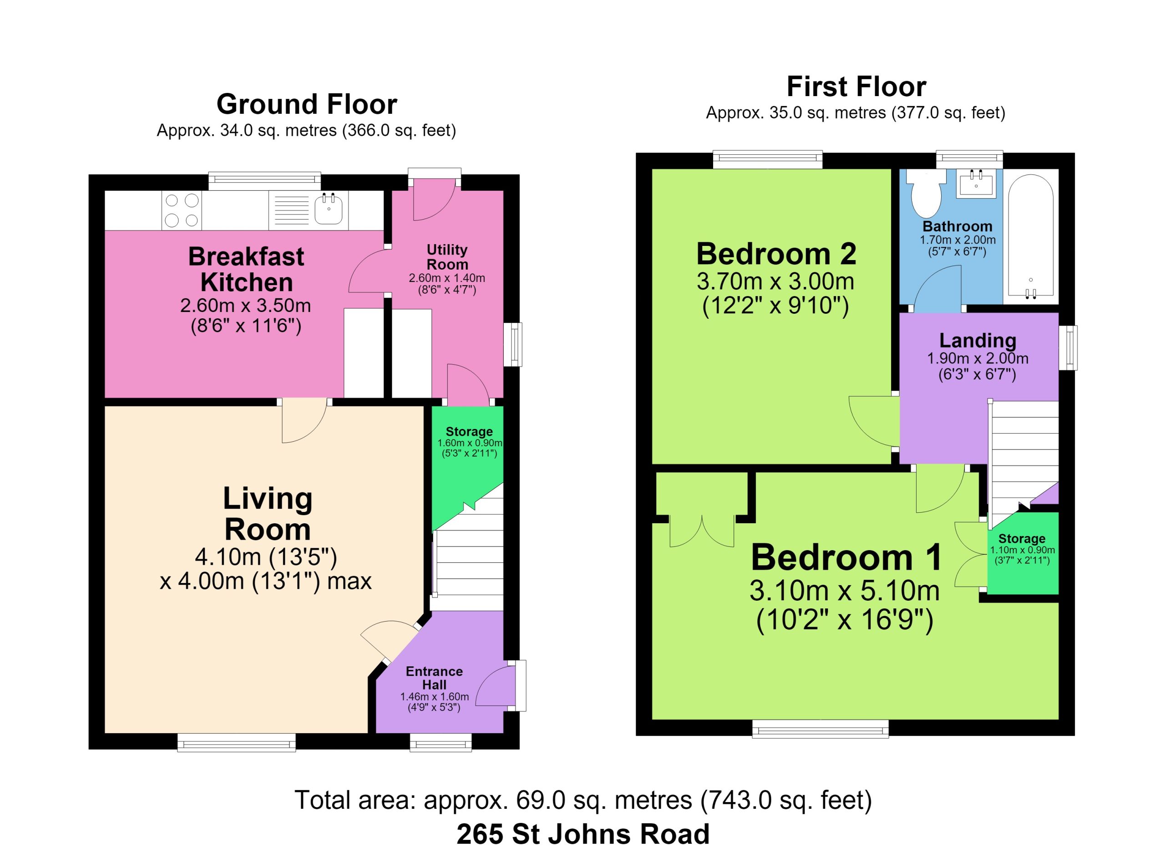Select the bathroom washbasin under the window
point(976,184)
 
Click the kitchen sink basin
point(328,209)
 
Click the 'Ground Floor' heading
point(307,104)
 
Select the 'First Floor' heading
point(856,87)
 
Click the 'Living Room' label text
point(268,513)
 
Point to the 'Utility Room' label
point(447,257)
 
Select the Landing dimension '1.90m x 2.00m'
point(978,358)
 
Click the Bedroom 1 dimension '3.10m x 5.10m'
point(845,591)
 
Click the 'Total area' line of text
point(583,800)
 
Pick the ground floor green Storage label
point(469,432)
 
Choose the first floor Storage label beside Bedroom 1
point(1022,539)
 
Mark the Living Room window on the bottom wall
point(236,742)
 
